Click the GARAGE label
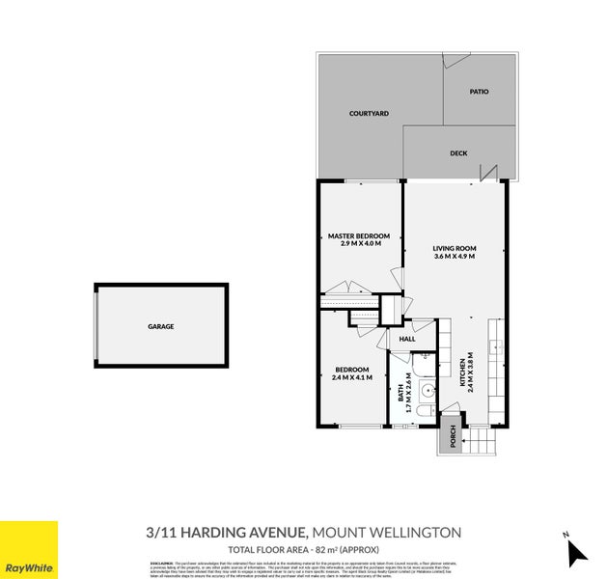[161, 327]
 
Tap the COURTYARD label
[369, 114]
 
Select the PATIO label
[479, 92]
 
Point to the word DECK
[459, 153]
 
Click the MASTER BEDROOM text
[358, 236]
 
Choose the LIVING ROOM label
[455, 249]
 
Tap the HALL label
[407, 339]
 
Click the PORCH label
[451, 438]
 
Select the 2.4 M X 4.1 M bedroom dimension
[351, 377]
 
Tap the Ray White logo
[28, 550]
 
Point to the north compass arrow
[576, 551]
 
